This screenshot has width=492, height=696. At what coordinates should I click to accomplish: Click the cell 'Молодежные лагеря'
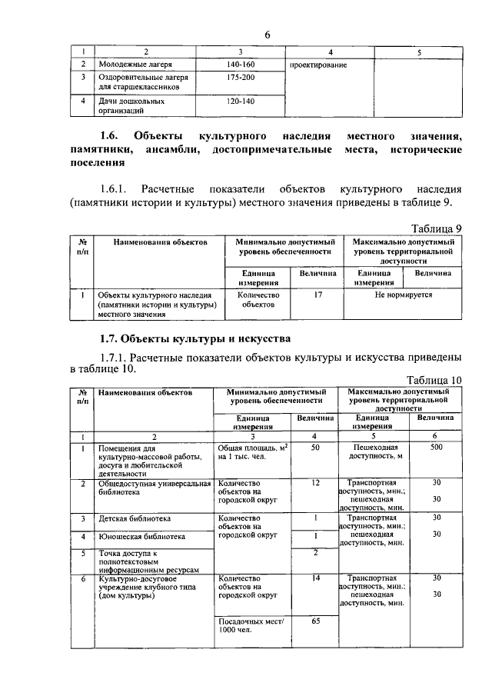click(135, 65)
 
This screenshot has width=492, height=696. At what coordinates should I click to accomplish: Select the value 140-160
click(240, 65)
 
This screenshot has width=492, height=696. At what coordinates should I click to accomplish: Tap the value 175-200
click(240, 78)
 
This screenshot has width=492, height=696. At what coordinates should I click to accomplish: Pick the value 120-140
click(240, 101)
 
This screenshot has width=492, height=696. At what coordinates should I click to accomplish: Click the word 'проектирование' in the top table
click(318, 65)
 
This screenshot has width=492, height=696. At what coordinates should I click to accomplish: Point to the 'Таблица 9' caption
click(436, 228)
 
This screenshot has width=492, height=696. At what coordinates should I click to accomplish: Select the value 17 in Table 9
click(317, 295)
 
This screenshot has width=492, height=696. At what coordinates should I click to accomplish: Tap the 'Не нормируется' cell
click(403, 295)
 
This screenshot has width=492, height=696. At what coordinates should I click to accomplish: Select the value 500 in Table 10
click(437, 447)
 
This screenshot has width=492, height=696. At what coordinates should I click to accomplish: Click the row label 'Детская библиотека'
click(132, 518)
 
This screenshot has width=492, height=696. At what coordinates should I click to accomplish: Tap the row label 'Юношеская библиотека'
click(138, 535)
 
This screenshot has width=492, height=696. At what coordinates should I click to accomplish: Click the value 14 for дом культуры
click(315, 577)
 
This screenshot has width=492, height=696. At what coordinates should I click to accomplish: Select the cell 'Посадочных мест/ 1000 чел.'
click(251, 626)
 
